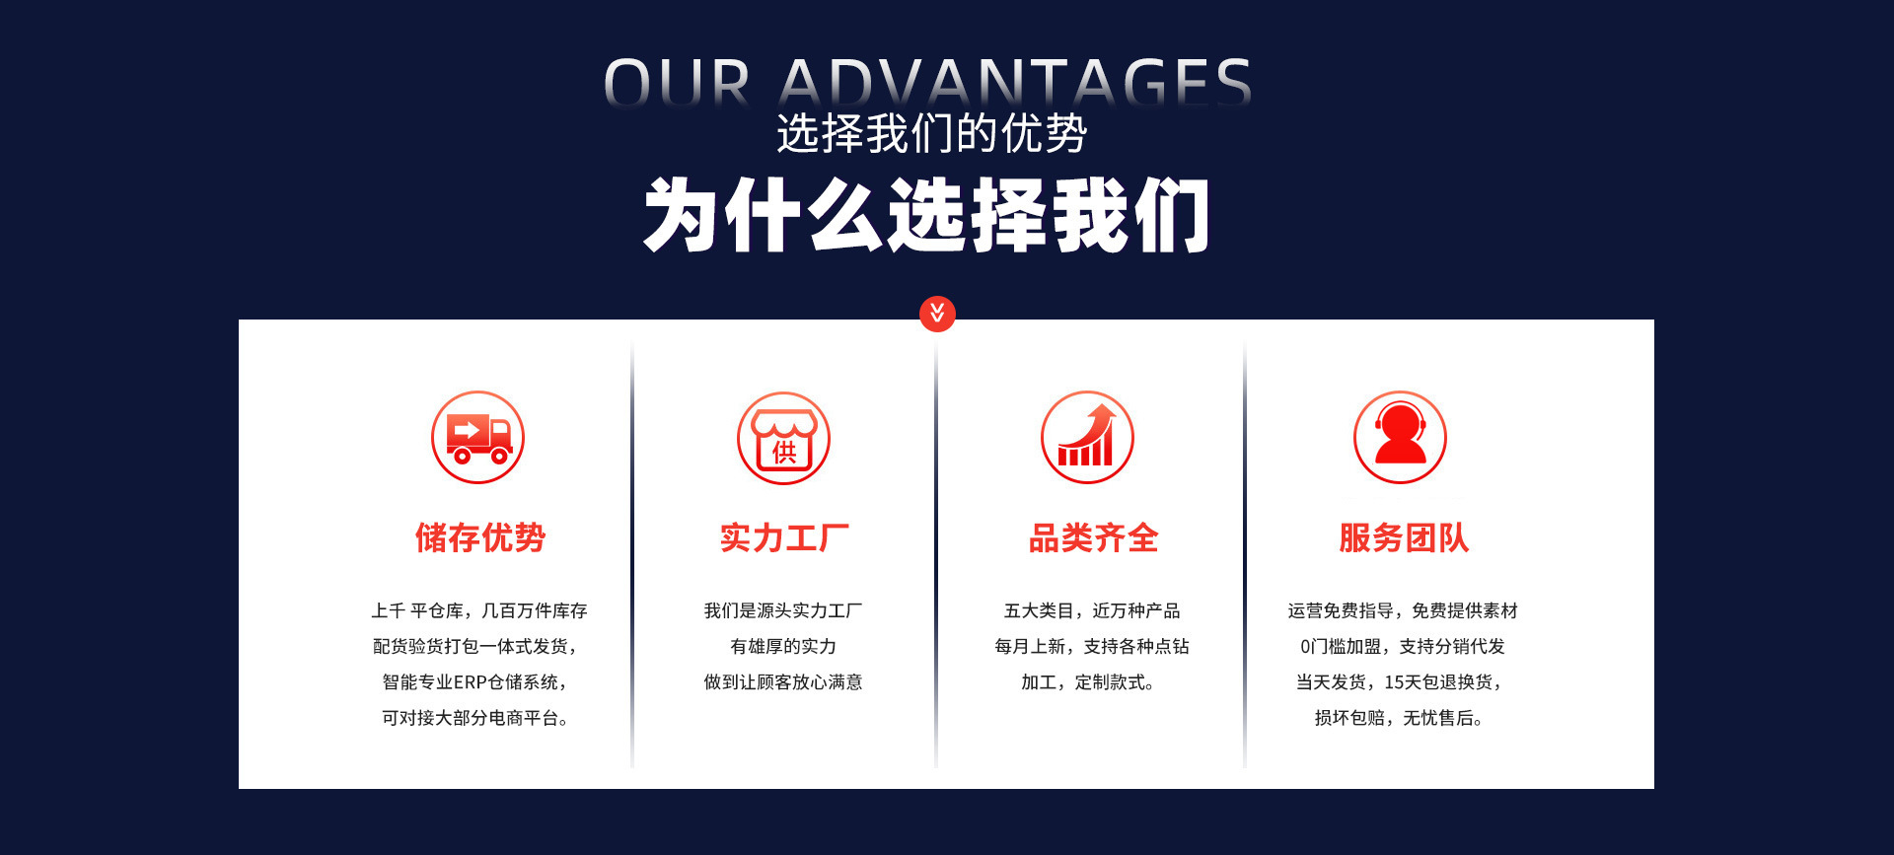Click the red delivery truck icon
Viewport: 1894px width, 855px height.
coord(478,437)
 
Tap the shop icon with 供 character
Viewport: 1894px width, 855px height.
coord(784,437)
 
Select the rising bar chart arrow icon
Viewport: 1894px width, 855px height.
coord(1087,437)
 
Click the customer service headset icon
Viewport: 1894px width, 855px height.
coord(1400,437)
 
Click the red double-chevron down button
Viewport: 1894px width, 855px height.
coord(937,314)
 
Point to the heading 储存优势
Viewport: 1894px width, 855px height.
coord(480,537)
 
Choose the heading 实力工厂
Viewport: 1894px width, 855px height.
coord(784,537)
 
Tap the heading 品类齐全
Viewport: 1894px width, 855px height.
coord(1093,537)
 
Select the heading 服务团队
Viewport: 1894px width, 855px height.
coord(1404,537)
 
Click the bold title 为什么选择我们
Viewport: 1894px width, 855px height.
coord(926,216)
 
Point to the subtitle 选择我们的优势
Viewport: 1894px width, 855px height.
coord(931,133)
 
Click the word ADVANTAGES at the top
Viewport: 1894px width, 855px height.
coord(1016,81)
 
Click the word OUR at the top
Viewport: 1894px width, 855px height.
coord(677,81)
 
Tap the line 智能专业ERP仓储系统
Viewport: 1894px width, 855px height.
coord(474,682)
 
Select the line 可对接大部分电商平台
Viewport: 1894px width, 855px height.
coord(474,718)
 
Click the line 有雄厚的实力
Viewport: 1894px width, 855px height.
coord(783,647)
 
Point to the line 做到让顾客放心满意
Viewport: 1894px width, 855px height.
coord(783,682)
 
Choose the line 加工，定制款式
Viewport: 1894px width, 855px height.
coord(1087,682)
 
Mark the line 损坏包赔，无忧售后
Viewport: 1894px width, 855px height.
coord(1398,718)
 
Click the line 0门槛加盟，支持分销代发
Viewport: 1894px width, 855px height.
coord(1402,647)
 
